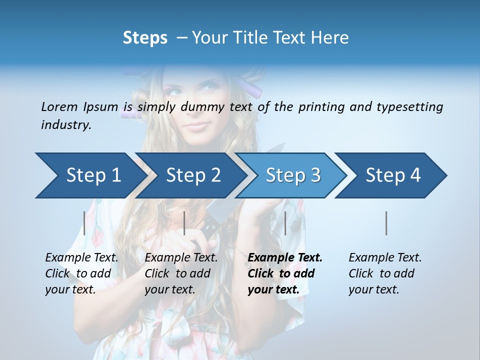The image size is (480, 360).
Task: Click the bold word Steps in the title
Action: pos(145,37)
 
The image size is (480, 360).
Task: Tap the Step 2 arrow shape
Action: pos(193,175)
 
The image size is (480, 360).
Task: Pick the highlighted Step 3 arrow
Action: pos(293,175)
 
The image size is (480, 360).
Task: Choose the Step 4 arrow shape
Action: pos(393,175)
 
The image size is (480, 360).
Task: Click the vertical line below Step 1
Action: pos(84,223)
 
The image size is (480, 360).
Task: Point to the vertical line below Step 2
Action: pos(184,223)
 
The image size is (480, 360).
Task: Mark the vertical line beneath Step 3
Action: pos(285,223)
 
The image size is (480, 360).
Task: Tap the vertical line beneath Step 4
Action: pos(386,223)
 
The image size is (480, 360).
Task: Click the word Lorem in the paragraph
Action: pos(59,106)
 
